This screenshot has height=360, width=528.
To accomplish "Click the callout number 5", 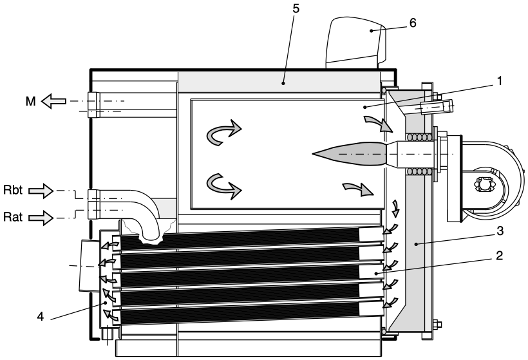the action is (x=296, y=9).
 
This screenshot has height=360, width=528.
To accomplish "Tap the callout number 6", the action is (x=413, y=23).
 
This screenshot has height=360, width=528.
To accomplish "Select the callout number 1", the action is (x=500, y=81).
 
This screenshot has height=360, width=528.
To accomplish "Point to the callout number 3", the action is (x=500, y=231).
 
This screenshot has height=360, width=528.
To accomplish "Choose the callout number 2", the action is (x=500, y=256).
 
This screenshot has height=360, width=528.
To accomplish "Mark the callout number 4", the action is (x=41, y=317).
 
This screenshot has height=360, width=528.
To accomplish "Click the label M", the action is (x=30, y=101).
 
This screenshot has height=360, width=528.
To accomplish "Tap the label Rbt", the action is (x=13, y=190).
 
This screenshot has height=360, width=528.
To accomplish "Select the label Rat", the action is (x=13, y=217).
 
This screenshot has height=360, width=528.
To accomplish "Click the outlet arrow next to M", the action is (x=53, y=101).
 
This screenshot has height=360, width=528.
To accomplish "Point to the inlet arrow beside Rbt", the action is (x=41, y=191).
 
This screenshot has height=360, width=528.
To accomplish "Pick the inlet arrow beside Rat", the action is (x=41, y=218).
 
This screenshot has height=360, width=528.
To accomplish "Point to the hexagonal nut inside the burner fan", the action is (x=482, y=185).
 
